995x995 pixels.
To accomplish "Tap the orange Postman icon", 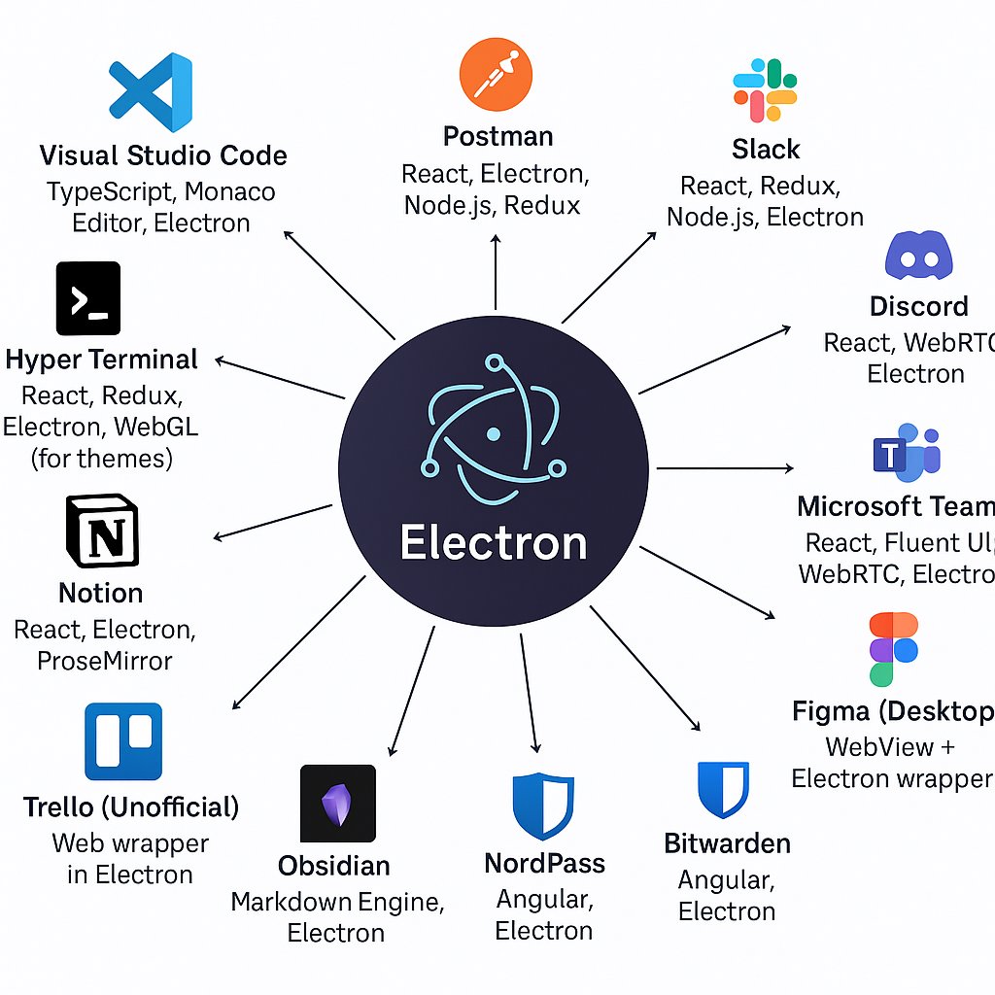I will click(x=497, y=75).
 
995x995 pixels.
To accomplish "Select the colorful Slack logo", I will click(x=765, y=90).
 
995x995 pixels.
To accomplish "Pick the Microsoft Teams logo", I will click(x=907, y=453).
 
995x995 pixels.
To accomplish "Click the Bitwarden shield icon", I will click(x=723, y=789).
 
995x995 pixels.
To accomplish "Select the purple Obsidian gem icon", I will click(x=337, y=803).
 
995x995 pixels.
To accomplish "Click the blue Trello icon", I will click(x=123, y=741).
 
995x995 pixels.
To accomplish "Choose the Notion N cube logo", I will click(x=101, y=531).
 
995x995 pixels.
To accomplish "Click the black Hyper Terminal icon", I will click(x=88, y=297).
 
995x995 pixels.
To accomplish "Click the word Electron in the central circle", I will click(x=494, y=542).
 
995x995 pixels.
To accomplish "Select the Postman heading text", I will click(x=497, y=136).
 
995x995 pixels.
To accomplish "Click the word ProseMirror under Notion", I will click(x=105, y=661).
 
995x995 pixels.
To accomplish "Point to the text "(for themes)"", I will click(x=102, y=457).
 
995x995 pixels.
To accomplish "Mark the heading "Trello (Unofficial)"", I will click(x=131, y=806).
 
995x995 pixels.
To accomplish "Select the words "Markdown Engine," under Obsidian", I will click(x=337, y=902).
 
